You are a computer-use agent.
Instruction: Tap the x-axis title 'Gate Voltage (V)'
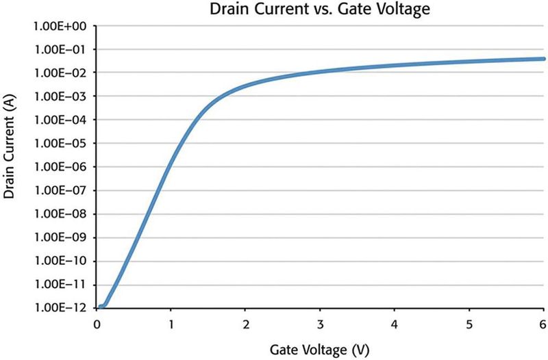(319, 350)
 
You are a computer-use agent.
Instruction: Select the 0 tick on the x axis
(97, 322)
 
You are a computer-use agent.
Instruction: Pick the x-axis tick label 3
(320, 322)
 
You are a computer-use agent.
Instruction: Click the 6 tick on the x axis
(543, 322)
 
